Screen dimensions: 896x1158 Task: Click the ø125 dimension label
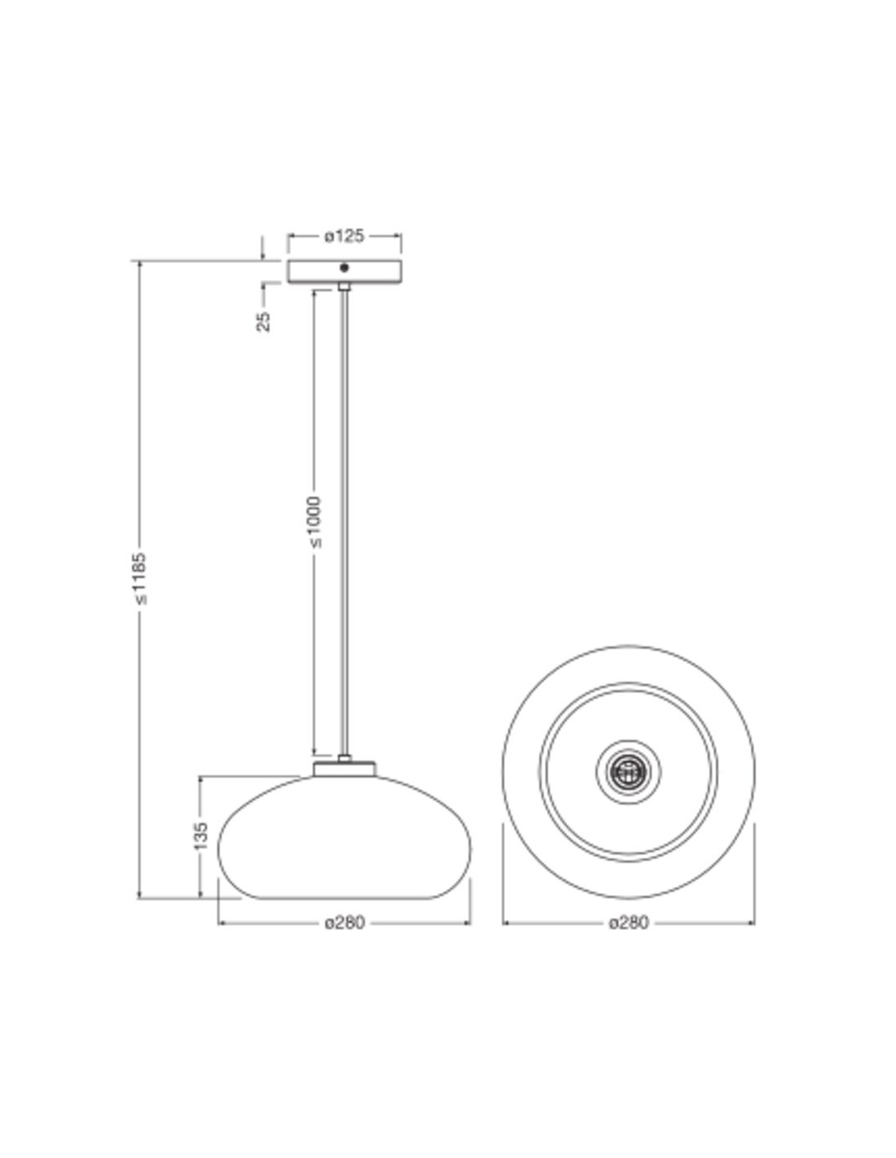point(344,236)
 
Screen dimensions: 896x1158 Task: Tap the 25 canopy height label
point(264,321)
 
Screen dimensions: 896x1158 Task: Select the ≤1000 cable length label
point(315,522)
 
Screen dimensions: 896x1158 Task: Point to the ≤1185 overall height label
point(139,578)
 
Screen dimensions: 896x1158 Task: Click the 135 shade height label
point(200,836)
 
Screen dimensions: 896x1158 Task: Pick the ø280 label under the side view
point(345,923)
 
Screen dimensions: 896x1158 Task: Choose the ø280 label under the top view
point(629,923)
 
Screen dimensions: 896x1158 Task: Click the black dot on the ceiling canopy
point(345,268)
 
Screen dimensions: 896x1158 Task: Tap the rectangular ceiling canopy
point(345,271)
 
